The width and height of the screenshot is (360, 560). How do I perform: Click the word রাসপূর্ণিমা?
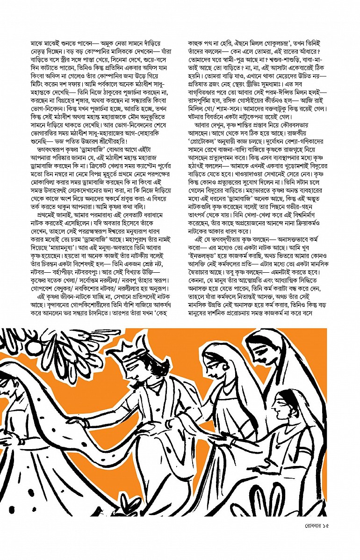[205, 113]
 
